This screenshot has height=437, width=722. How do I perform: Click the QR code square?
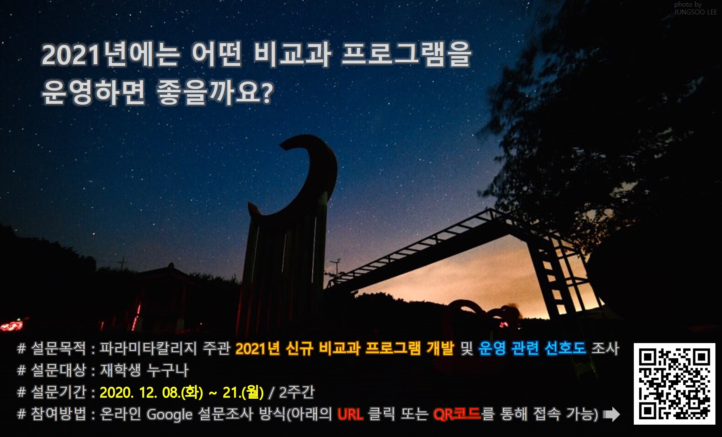674,383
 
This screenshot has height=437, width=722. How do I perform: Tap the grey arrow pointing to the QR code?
612,414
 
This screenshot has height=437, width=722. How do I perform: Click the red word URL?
350,414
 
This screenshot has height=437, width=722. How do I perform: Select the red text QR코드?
457,414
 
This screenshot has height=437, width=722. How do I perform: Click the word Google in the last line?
169,414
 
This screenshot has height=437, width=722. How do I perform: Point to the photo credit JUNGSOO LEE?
696,12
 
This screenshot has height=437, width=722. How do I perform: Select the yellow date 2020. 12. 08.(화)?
151,392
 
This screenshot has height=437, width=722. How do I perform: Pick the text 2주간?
297,392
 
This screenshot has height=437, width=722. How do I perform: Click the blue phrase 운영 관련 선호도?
532,348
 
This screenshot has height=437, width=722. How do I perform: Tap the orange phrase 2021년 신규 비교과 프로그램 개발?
345,348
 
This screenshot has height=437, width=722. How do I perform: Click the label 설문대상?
59,370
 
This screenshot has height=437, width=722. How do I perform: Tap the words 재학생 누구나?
144,370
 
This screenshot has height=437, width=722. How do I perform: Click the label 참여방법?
59,414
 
